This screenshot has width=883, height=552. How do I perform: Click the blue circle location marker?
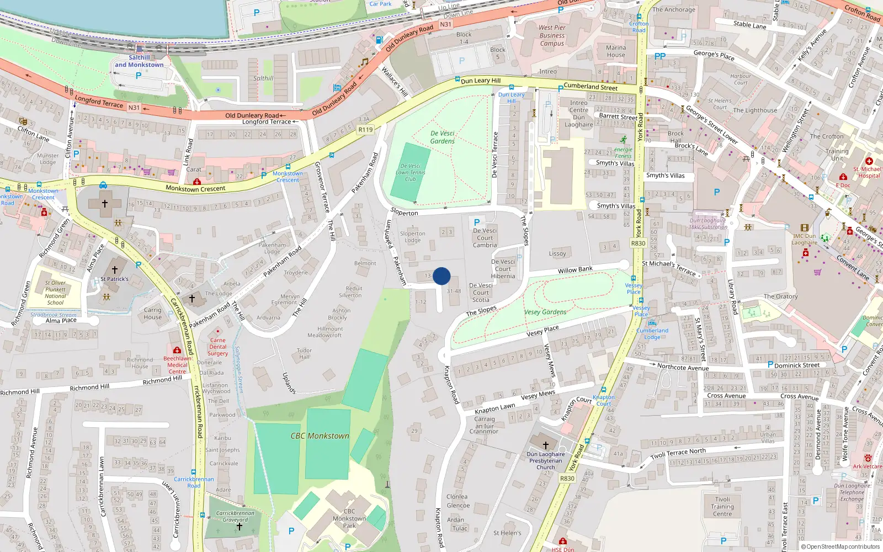[x=441, y=276]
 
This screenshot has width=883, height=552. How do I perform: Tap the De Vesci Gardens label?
[x=443, y=137]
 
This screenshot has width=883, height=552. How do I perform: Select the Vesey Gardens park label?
[x=545, y=312]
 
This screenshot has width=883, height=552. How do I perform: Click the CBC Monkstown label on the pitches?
[x=320, y=436]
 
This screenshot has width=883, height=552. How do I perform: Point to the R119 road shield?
[x=365, y=129]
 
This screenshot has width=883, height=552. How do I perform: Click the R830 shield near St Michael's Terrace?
[x=638, y=243]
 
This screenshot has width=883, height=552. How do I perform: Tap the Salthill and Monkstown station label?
[x=139, y=61]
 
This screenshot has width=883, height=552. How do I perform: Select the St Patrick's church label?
[x=114, y=279]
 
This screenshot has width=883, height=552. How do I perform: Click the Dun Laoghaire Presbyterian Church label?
[x=546, y=460]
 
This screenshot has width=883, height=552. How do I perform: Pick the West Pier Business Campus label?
[x=552, y=35]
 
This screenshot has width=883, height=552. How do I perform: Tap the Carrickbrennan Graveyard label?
[x=235, y=516]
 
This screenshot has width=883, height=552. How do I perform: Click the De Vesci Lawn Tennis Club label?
[x=411, y=172]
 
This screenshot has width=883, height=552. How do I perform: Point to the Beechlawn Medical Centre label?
[x=177, y=365]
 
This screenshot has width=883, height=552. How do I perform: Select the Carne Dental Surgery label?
[x=218, y=347]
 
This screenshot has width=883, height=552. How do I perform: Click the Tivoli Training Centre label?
[x=722, y=506]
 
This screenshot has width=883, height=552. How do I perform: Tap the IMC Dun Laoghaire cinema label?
[x=805, y=239]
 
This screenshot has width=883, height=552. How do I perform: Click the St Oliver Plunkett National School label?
[x=55, y=293]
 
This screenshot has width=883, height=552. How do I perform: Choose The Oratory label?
[x=780, y=296]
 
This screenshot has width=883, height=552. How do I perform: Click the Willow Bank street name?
[x=575, y=269]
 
